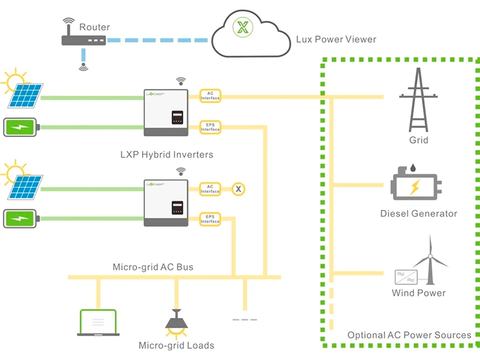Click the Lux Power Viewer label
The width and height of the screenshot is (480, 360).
(336, 40)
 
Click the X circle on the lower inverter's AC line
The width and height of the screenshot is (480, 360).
(239, 190)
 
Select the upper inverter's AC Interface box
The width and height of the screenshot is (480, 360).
(211, 95)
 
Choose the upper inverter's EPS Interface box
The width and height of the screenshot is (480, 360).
(211, 127)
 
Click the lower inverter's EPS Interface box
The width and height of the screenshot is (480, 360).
(211, 219)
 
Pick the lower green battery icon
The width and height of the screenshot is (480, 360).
(22, 218)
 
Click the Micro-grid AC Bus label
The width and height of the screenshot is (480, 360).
(153, 266)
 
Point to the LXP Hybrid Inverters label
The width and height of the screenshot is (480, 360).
(167, 155)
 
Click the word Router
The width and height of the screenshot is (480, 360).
(95, 28)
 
